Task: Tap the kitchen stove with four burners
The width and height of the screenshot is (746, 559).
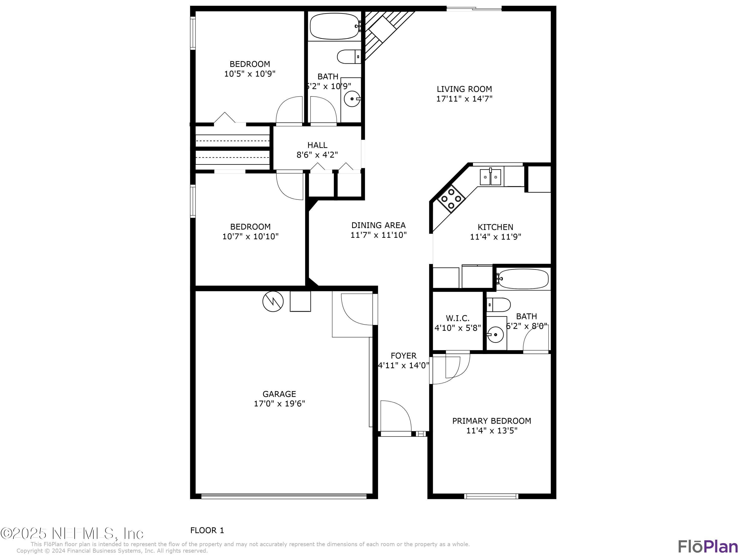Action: tap(451, 199)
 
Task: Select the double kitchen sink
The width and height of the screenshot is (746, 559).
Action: tap(490, 177)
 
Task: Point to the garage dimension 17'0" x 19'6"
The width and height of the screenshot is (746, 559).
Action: tap(279, 403)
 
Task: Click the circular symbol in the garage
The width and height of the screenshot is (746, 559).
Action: tap(273, 301)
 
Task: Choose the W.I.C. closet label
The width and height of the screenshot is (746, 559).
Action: tap(457, 318)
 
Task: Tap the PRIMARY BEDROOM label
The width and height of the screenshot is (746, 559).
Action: tap(491, 421)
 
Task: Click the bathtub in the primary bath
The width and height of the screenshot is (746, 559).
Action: tap(522, 279)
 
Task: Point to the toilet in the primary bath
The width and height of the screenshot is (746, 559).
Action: tap(499, 305)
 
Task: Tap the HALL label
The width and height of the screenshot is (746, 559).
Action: tap(317, 145)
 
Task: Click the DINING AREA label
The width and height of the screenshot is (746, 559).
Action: tap(378, 225)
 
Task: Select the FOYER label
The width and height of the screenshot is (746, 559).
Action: tap(403, 356)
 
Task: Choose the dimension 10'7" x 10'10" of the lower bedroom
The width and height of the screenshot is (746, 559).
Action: tap(250, 236)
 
